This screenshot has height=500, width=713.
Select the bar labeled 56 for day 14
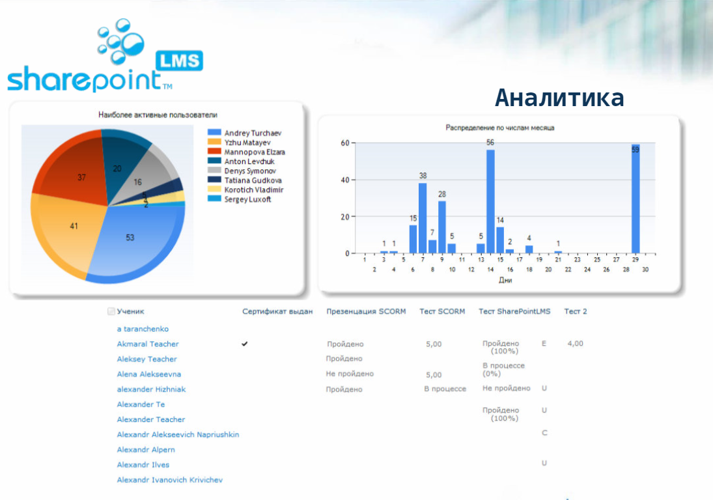point(490,202)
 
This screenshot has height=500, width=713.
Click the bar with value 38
point(423,218)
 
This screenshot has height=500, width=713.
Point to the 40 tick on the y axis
point(345,180)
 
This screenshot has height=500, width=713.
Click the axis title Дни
point(505,280)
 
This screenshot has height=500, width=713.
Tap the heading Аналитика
point(559,98)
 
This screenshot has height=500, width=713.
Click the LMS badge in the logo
point(179,61)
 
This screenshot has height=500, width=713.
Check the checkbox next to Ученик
point(111,312)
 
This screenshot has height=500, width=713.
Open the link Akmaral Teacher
point(148,344)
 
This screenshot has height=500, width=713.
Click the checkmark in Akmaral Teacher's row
point(245,344)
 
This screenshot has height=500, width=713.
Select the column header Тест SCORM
point(442,311)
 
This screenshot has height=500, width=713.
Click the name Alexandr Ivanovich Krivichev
point(169,480)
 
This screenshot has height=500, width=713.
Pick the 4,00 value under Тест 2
point(575,343)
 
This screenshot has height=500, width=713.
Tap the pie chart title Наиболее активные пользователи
point(158,115)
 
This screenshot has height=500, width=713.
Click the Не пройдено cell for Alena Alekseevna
point(350,374)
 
